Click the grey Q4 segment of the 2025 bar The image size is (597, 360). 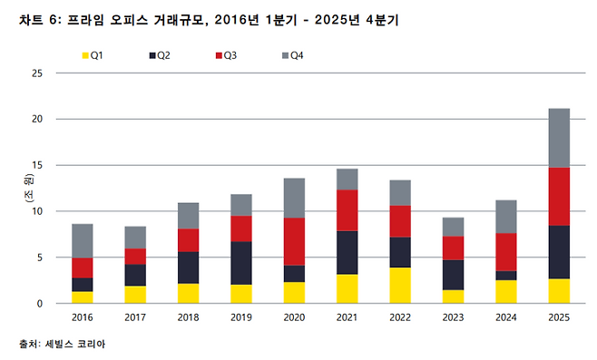pos(560,138)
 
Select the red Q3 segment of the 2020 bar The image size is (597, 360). pos(295,241)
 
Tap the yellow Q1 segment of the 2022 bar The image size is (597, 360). pos(400,285)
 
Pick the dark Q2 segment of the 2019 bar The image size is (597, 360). pos(241,263)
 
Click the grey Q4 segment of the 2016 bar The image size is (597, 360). pos(83,241)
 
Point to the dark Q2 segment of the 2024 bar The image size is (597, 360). pos(506,276)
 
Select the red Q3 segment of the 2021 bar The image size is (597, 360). pos(347,210)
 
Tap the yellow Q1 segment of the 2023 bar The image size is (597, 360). pos(454,297)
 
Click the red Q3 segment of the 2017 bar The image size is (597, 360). pos(135,257)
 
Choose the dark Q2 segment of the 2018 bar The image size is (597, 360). pos(189,268)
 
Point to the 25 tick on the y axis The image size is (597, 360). pos(37,73)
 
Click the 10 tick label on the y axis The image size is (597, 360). pos(37,211)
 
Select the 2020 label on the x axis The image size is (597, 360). pos(295,318)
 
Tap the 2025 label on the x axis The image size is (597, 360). pos(560,318)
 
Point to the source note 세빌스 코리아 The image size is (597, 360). pos(67,345)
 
